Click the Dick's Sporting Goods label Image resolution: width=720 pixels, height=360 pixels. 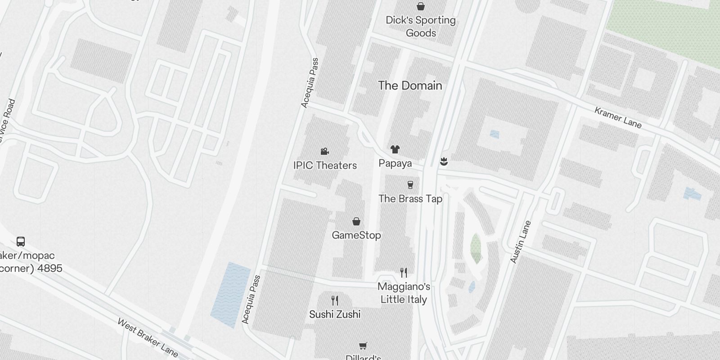click(x=421, y=27)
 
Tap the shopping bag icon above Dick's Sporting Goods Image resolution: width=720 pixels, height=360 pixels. click(x=421, y=6)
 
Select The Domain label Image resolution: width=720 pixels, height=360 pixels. click(x=410, y=85)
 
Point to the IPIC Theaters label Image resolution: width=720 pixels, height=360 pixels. click(x=325, y=165)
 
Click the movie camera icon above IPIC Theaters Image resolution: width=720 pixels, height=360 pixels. click(x=324, y=151)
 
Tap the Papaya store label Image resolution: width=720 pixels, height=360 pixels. click(x=395, y=163)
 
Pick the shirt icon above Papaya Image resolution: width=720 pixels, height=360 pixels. click(x=395, y=149)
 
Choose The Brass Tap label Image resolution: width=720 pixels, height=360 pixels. click(x=410, y=198)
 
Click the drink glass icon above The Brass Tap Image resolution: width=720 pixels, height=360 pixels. click(x=410, y=184)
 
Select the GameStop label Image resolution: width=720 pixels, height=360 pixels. click(x=356, y=235)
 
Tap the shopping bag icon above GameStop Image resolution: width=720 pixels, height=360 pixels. click(x=356, y=221)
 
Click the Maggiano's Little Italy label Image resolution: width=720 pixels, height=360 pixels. click(x=404, y=293)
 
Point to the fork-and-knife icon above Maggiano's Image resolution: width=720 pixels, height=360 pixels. click(x=404, y=273)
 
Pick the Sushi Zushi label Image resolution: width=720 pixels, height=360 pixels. click(x=335, y=314)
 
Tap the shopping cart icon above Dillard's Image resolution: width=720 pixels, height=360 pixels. click(x=363, y=346)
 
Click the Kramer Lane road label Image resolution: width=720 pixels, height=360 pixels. click(x=618, y=117)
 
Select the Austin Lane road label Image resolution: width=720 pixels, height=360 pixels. click(x=521, y=242)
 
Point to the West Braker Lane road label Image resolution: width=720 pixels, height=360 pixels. click(x=148, y=338)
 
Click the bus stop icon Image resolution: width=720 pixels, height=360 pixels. click(x=21, y=242)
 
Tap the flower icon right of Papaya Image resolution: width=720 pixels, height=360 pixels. click(x=444, y=161)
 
